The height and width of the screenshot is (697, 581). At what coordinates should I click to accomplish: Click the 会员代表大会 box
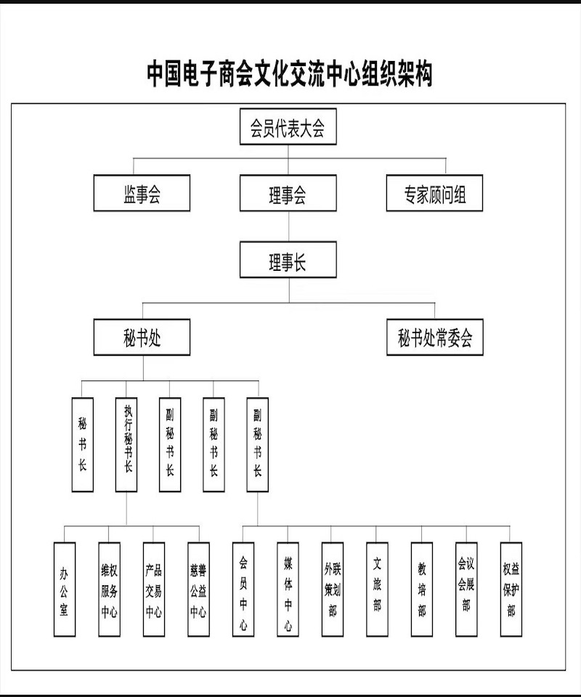(x=288, y=126)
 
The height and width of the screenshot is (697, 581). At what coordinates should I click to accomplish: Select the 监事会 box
(x=142, y=193)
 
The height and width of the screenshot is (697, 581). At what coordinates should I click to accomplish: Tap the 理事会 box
(x=288, y=193)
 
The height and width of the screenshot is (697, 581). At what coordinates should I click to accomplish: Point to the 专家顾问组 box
(x=434, y=193)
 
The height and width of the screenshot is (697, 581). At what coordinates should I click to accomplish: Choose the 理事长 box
(x=288, y=260)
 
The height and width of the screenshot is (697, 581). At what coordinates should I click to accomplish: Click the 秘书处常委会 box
(x=435, y=337)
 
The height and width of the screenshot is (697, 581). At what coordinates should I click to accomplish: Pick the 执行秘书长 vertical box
(x=126, y=444)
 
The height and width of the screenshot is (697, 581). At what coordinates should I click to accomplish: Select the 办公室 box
(x=65, y=589)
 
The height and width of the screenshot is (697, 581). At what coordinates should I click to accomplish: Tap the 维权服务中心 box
(x=110, y=589)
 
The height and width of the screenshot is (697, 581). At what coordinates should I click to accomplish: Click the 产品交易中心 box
(x=154, y=589)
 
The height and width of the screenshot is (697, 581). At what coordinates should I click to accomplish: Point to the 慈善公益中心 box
(x=198, y=589)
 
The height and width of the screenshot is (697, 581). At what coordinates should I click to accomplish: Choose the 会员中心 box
(x=243, y=589)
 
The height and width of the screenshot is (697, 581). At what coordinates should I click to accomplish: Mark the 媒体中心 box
(x=288, y=589)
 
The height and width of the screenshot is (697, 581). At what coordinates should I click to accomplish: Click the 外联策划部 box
(x=333, y=589)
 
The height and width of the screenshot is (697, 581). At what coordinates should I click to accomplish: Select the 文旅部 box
(x=377, y=589)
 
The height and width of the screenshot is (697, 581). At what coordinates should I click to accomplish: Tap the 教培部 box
(x=422, y=589)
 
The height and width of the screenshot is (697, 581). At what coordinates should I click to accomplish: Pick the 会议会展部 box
(x=466, y=589)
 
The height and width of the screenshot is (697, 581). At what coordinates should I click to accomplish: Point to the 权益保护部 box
(x=511, y=589)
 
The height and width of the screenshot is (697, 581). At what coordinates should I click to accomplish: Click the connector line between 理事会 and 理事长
(x=288, y=227)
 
